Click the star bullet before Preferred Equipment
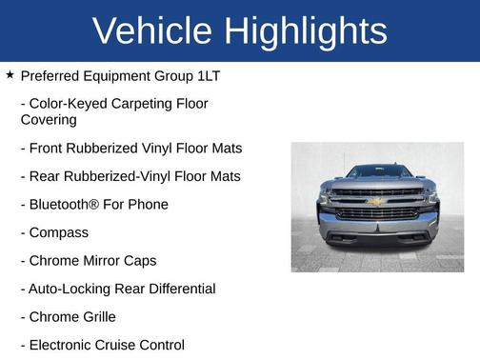point(10,73)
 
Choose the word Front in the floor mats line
point(49,148)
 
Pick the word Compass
point(58,232)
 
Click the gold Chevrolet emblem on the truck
point(377,203)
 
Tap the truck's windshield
point(377,172)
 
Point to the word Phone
point(149,204)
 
